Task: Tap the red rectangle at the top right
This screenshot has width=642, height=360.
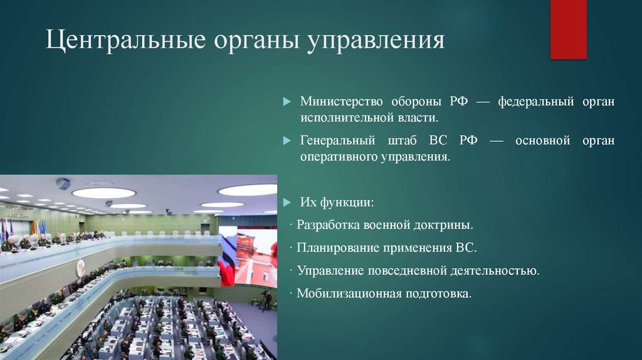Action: pyautogui.click(x=568, y=29)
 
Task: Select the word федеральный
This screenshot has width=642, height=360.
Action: pyautogui.click(x=529, y=102)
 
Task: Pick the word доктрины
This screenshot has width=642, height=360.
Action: pyautogui.click(x=445, y=225)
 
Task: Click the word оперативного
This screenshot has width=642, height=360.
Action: pyautogui.click(x=339, y=157)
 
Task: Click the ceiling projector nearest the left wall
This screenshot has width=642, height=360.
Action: pyautogui.click(x=63, y=183)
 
